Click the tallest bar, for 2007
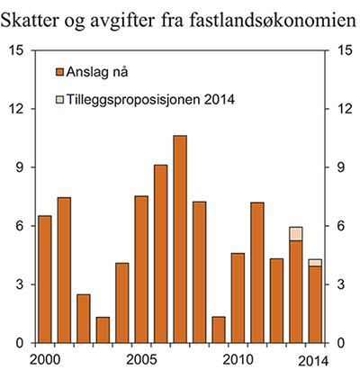coord(180,239)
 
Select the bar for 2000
coord(44,279)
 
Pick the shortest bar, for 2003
coord(103,329)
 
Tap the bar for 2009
coord(219,329)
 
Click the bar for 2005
coord(141,269)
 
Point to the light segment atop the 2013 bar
coord(296,234)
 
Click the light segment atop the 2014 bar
coord(315,262)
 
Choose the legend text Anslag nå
coord(98,71)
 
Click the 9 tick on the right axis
coord(339,167)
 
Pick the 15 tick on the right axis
coord(342,50)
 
